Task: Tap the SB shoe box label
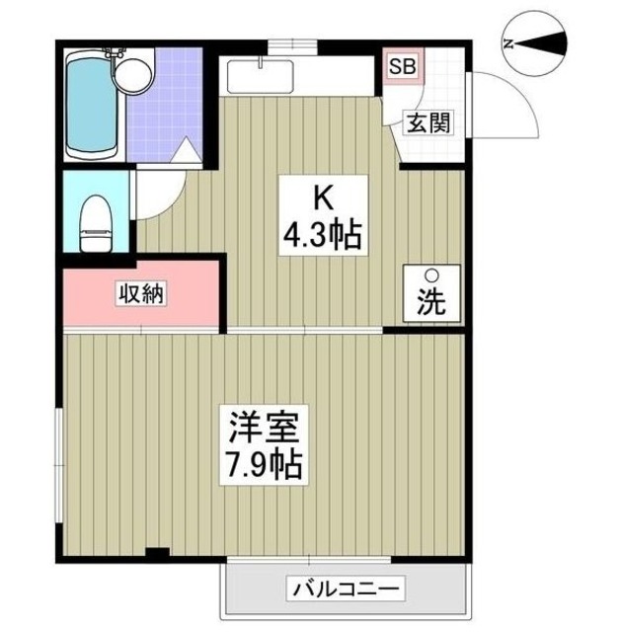click(x=402, y=68)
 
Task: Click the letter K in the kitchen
click(x=322, y=197)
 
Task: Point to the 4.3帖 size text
click(x=322, y=235)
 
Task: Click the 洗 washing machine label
click(x=430, y=304)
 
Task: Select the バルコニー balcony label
click(x=346, y=590)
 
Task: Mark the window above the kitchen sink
click(x=293, y=43)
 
